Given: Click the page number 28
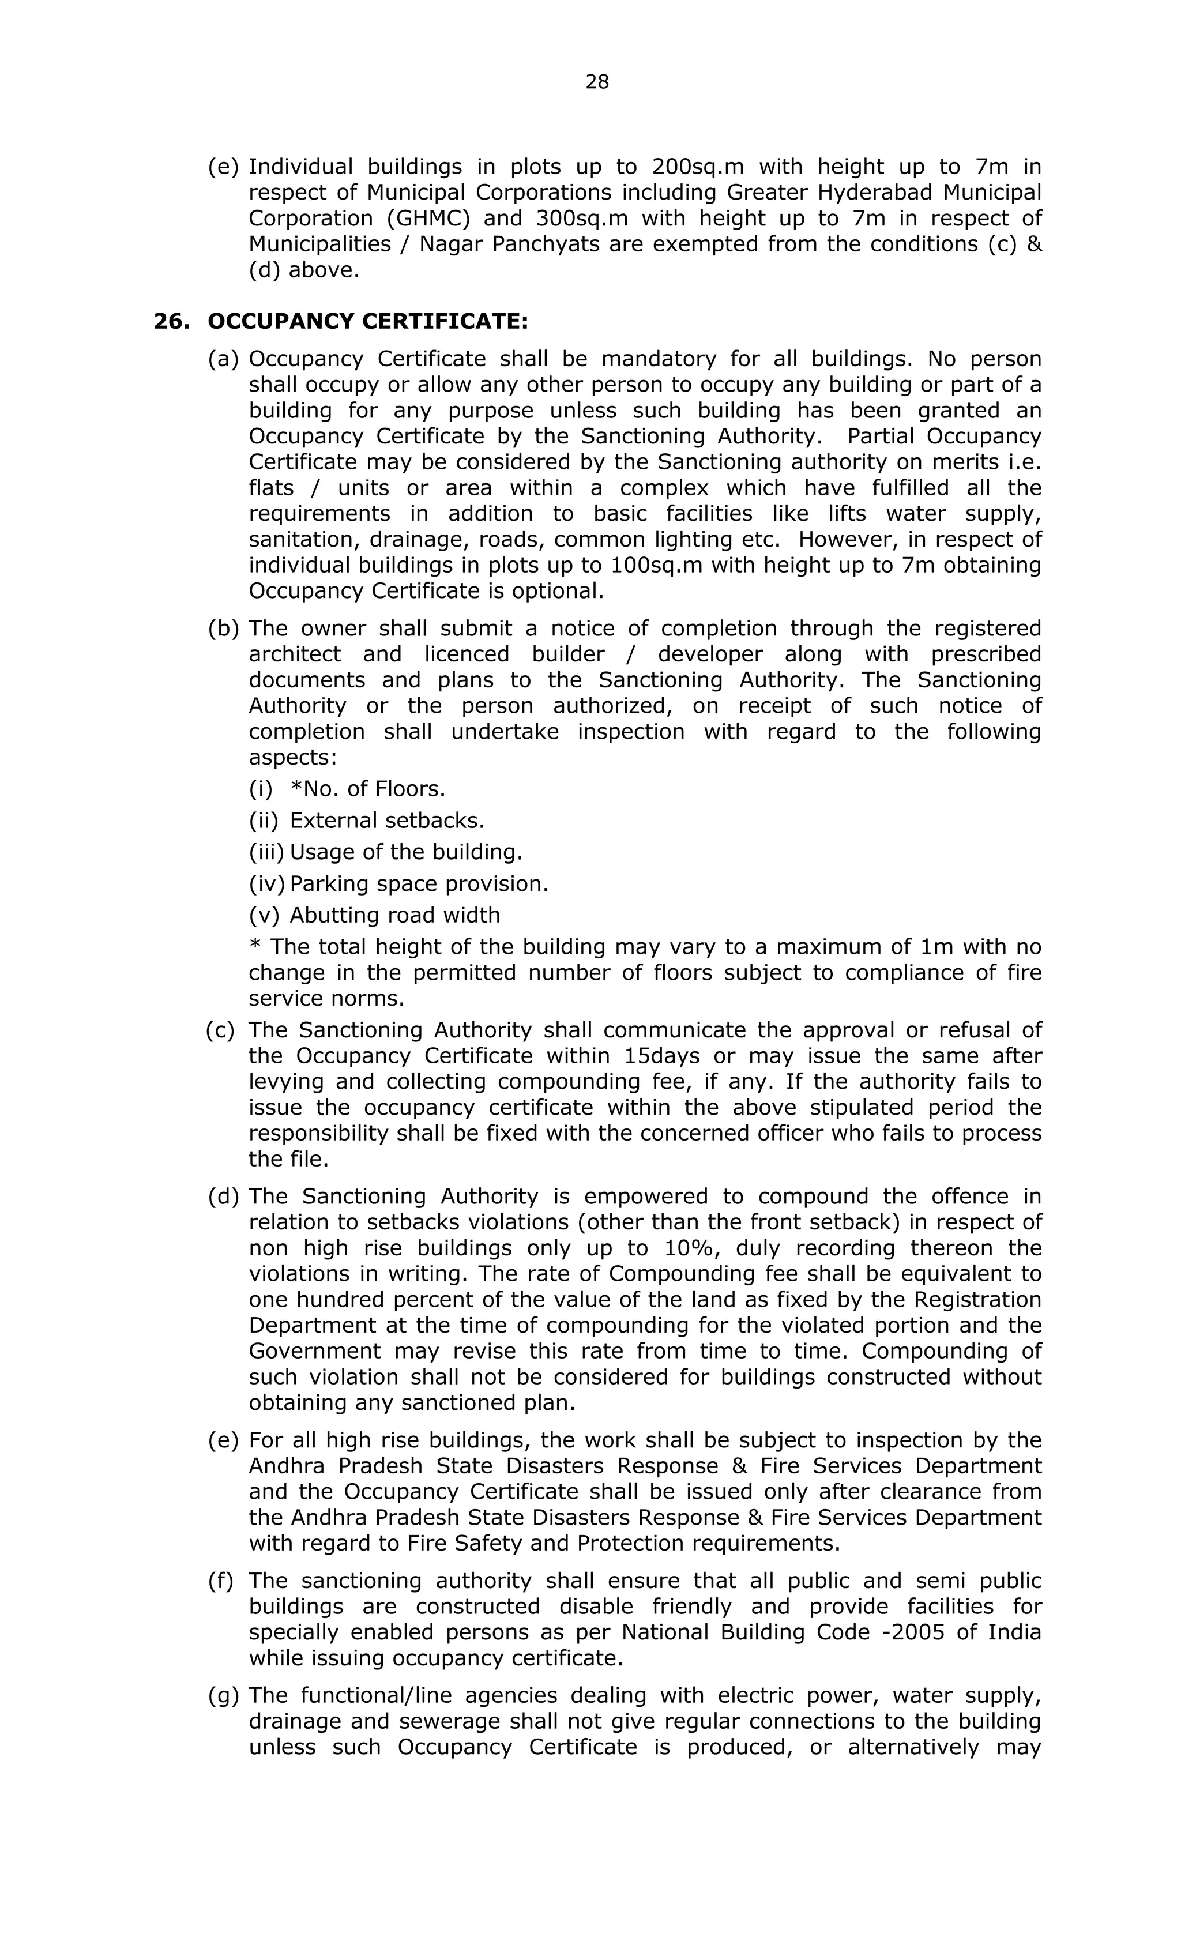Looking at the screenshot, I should click(x=597, y=82).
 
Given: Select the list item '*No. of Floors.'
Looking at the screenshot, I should click(x=368, y=789).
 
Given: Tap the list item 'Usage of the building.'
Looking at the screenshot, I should click(x=406, y=852).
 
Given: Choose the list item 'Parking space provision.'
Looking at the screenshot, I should click(x=419, y=883).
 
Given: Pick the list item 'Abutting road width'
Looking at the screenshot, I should click(x=394, y=915).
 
